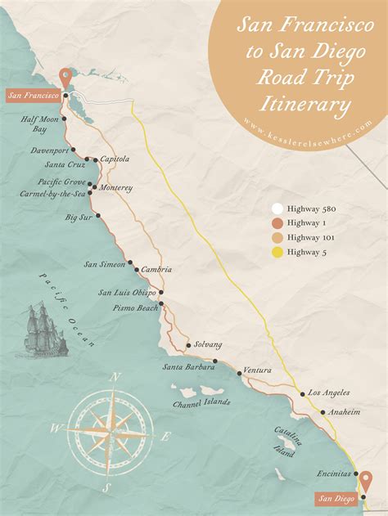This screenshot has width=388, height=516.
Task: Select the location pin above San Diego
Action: point(365,482)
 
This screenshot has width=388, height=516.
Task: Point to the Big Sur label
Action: point(79,218)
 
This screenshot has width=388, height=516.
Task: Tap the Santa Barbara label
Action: point(184,366)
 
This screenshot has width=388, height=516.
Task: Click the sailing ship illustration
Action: point(41,329)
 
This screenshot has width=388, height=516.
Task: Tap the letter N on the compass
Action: point(115,378)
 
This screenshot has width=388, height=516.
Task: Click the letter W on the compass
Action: point(56,428)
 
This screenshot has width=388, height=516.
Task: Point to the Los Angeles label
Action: point(329,393)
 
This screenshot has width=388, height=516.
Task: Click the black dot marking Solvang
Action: point(188,345)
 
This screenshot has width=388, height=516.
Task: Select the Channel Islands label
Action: point(201,402)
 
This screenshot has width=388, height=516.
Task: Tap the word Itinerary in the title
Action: point(305,105)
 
